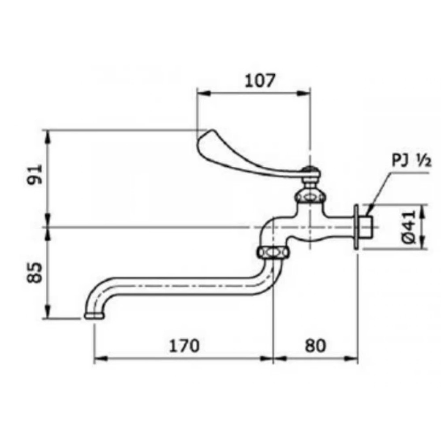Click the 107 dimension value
click(259, 81)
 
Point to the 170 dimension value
click(184, 345)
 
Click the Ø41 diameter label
click(409, 227)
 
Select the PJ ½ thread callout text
click(411, 161)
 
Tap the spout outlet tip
click(94, 316)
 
